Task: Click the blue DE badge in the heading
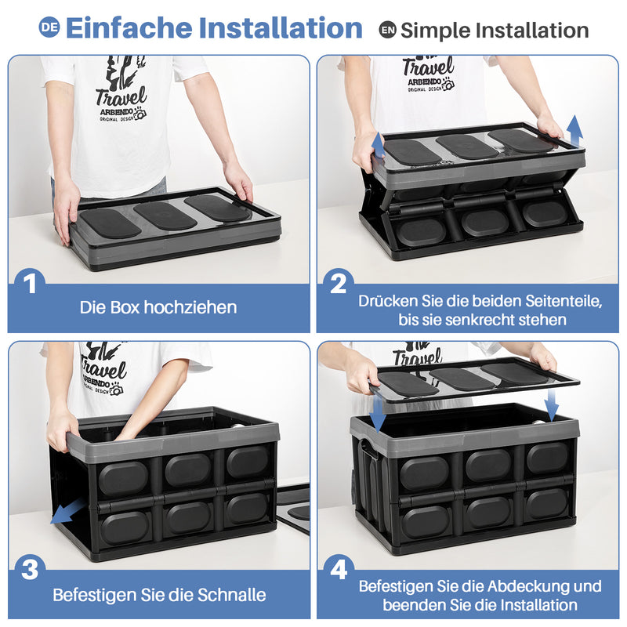point(49,27)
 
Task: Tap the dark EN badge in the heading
point(387,30)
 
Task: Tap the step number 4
point(339,570)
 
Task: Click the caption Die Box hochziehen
point(158,307)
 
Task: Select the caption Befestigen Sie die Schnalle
point(159,595)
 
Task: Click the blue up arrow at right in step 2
point(574,130)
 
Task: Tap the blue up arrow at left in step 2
point(378,145)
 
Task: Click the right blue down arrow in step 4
point(552,406)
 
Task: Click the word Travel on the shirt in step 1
point(120,97)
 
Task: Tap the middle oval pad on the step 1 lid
point(165,216)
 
